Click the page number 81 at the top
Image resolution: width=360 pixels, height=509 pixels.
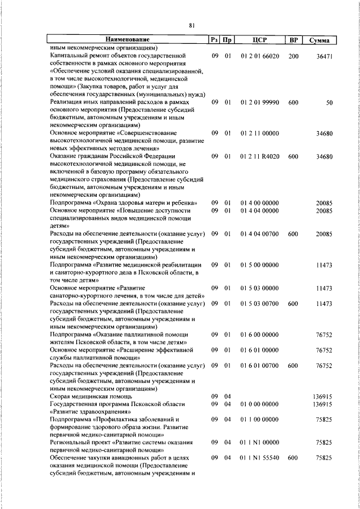191,25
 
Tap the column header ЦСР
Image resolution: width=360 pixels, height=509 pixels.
259,40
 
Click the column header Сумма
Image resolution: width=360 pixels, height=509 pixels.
319,40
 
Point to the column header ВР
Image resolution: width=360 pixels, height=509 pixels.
292,40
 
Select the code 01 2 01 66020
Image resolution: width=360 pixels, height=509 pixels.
259,56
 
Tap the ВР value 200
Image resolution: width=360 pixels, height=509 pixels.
293,56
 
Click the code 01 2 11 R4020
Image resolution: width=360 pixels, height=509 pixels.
259,156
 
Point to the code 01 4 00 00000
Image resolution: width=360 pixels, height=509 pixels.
259,202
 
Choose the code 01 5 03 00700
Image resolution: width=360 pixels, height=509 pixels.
259,304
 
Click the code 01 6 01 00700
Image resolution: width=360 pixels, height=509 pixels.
259,365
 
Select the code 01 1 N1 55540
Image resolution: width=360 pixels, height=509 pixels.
259,458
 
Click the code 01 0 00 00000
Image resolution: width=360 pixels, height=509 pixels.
259,404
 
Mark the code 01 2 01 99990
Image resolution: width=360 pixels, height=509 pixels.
259,103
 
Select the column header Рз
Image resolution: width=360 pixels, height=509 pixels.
214,40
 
